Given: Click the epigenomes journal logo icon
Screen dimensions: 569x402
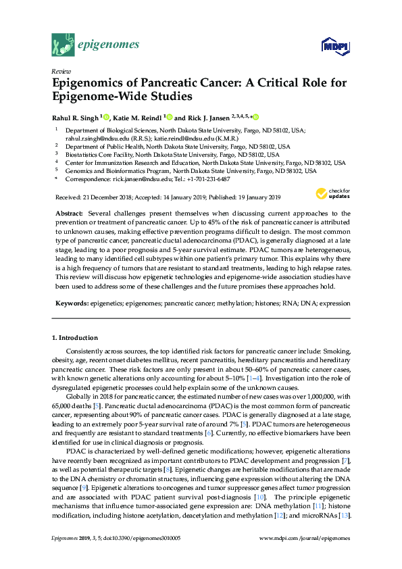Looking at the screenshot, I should [x=63, y=46].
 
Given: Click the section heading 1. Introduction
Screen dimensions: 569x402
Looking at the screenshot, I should [x=74, y=337].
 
